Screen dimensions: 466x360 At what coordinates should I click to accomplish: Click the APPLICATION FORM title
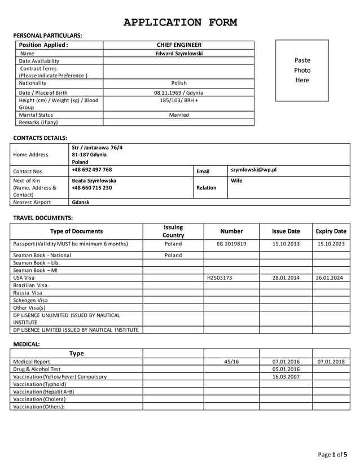(180, 23)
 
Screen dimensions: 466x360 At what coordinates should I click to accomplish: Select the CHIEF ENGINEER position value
(178, 45)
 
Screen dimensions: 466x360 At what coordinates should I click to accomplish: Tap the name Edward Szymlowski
(178, 54)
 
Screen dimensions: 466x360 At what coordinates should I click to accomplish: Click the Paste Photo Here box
(302, 71)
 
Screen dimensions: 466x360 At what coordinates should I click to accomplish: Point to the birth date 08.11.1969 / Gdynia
(178, 93)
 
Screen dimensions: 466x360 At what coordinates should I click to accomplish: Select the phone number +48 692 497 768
(92, 170)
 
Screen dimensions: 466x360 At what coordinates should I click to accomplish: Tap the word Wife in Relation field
(237, 181)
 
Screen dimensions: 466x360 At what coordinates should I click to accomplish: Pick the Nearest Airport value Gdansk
(81, 202)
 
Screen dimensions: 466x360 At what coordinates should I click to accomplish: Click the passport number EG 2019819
(231, 244)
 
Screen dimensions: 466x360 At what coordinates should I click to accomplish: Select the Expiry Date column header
(331, 231)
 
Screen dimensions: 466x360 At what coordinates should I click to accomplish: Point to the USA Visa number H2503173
(219, 278)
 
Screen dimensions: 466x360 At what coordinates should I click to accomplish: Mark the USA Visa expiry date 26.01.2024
(331, 278)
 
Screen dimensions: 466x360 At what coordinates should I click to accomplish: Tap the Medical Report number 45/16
(231, 362)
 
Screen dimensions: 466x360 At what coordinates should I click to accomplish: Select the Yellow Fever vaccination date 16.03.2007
(286, 376)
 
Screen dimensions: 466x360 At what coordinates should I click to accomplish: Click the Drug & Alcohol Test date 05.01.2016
(286, 369)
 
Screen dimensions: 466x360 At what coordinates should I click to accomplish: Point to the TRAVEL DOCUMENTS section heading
(43, 218)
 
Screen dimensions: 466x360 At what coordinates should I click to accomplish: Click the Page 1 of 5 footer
(333, 454)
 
